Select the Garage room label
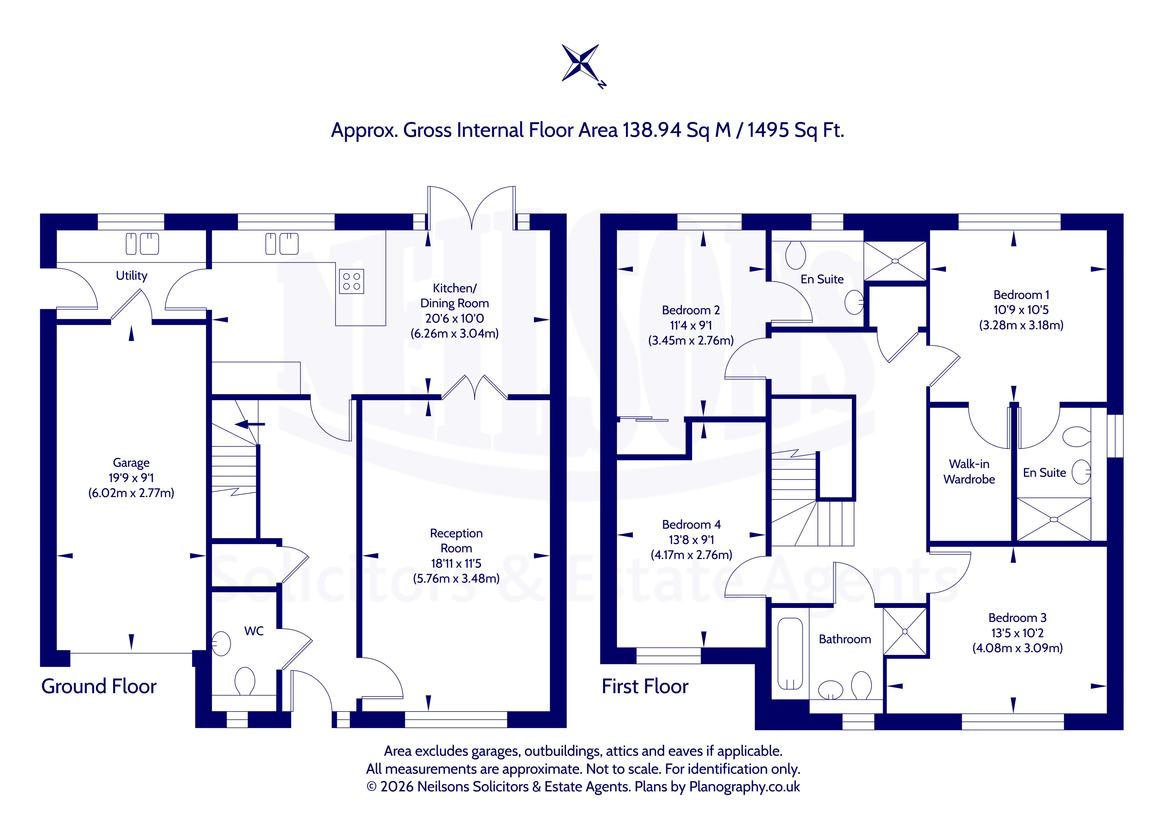tap(131, 463)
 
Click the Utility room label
tap(132, 276)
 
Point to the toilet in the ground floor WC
tap(245, 681)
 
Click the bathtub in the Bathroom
tap(790, 654)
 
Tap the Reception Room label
tap(456, 541)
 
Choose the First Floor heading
tap(645, 686)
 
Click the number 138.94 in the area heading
tap(652, 130)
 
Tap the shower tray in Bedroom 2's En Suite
tap(895, 261)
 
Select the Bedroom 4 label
tap(691, 524)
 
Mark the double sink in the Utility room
tap(142, 244)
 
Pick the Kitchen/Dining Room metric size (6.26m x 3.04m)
tap(455, 334)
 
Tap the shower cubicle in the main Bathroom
tap(905, 632)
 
